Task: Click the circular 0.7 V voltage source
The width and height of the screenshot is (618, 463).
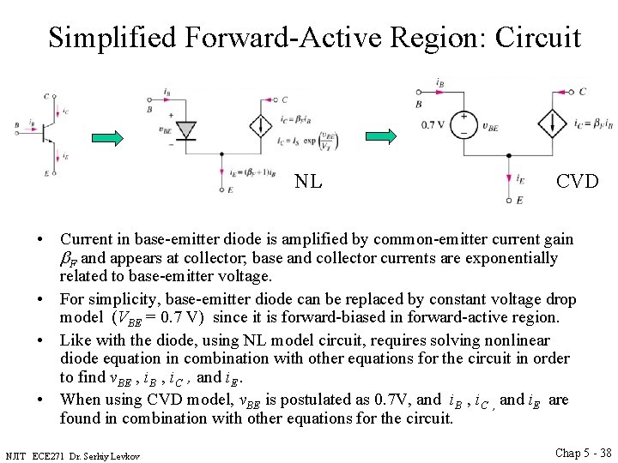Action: [464, 124]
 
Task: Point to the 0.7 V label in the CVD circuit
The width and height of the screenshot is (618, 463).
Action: [433, 125]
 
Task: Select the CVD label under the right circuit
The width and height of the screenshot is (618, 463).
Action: [578, 181]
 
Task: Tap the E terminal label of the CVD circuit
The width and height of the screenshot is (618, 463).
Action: [519, 200]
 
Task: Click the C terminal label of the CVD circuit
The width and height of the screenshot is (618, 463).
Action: [583, 91]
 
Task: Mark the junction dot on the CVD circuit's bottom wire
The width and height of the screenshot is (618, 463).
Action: [509, 155]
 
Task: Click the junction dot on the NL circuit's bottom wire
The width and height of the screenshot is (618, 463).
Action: [223, 155]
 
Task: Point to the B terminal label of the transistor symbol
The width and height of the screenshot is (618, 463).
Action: [17, 125]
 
